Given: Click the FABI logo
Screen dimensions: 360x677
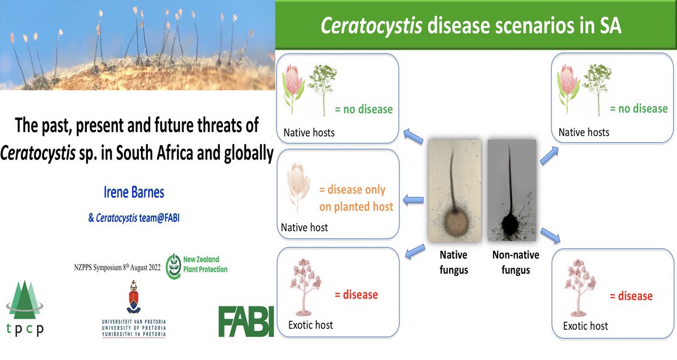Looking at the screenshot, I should pyautogui.click(x=246, y=322).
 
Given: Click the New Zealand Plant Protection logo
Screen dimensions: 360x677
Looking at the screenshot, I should pyautogui.click(x=197, y=265).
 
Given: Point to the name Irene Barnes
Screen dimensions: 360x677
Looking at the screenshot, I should pyautogui.click(x=134, y=192).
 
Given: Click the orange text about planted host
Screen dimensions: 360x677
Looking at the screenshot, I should pyautogui.click(x=355, y=198).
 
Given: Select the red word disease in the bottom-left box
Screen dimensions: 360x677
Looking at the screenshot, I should pyautogui.click(x=356, y=295).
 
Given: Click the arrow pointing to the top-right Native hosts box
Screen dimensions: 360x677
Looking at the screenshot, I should pyautogui.click(x=548, y=154).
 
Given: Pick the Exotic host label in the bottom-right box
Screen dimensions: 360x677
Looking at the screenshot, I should pyautogui.click(x=585, y=326).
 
